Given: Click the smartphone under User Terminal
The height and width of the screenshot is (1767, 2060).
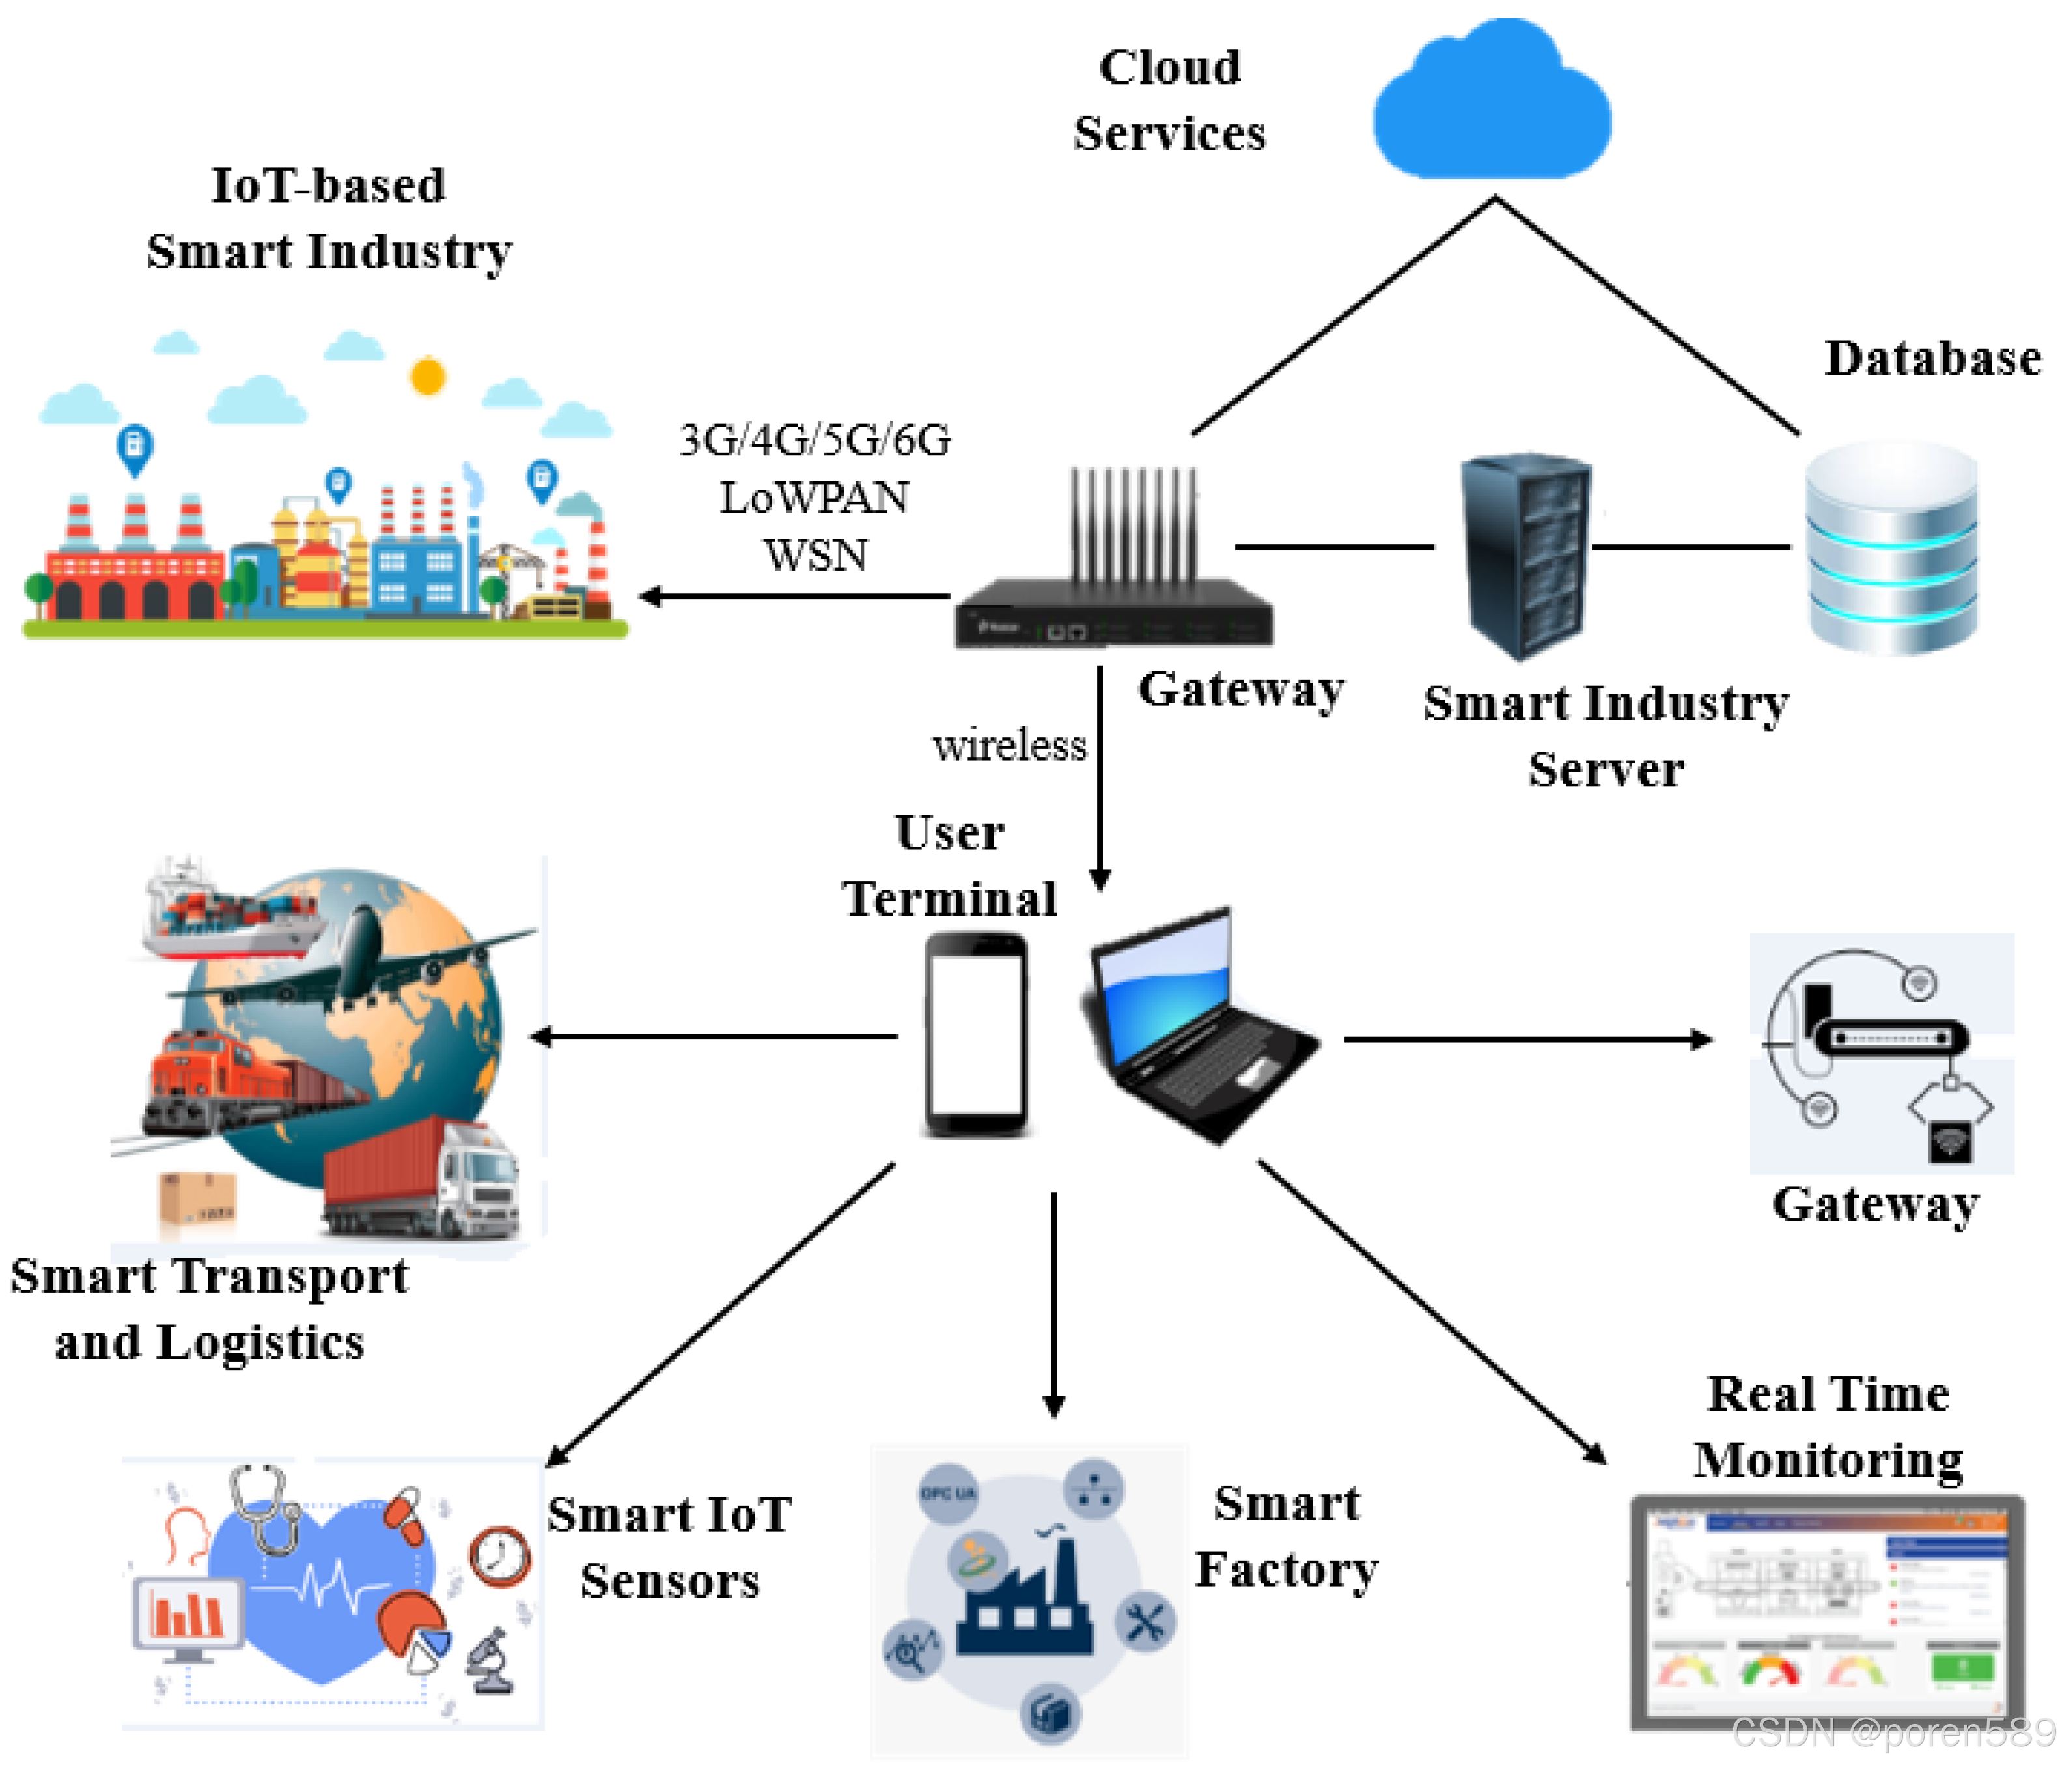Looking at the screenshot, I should click(x=977, y=1034).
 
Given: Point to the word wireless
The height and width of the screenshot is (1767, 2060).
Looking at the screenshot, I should click(x=1009, y=746).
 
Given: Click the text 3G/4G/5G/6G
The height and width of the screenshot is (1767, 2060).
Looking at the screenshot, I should click(x=814, y=440).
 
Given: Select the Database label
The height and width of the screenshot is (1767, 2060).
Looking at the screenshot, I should click(x=1932, y=358).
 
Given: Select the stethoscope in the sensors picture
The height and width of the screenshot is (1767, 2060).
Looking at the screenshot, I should click(x=264, y=1506).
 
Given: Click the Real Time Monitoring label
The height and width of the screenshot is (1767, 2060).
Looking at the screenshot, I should click(x=1828, y=1427).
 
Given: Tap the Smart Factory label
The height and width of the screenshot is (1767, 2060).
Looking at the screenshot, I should click(x=1285, y=1536).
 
